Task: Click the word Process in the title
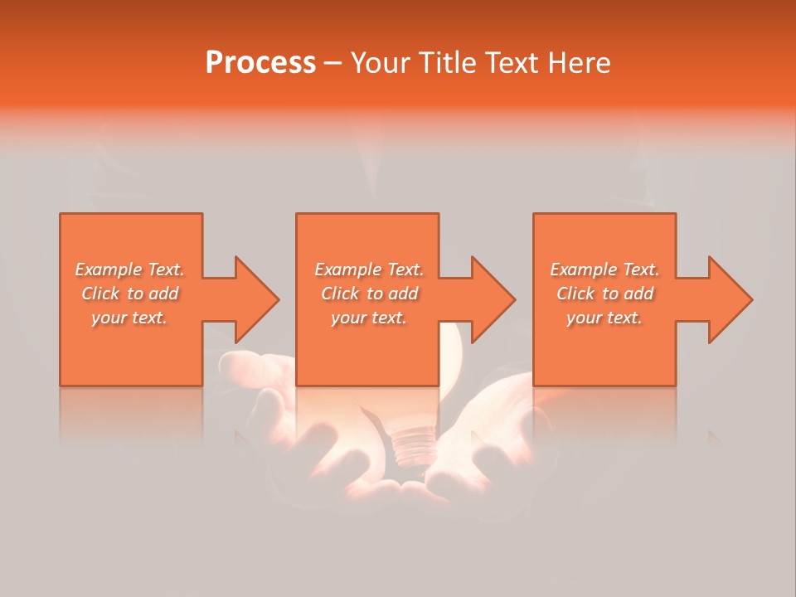(x=260, y=63)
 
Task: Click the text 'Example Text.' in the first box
(x=130, y=269)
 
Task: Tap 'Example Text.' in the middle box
(x=369, y=269)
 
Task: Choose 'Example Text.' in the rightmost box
(x=604, y=269)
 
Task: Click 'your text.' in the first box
(x=129, y=318)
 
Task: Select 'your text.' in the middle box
(x=368, y=318)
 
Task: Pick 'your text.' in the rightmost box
(x=604, y=318)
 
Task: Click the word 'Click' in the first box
(x=100, y=294)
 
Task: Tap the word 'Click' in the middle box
(x=340, y=294)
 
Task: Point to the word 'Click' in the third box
(x=575, y=294)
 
